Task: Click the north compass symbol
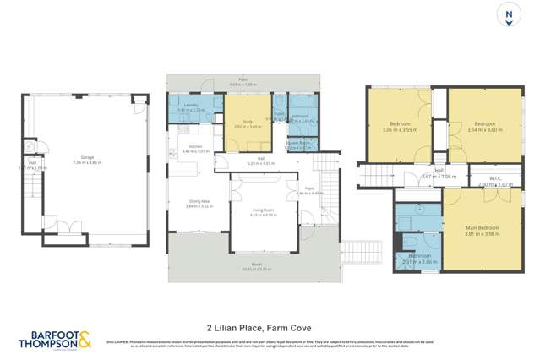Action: coord(508,16)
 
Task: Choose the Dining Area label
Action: coord(199,201)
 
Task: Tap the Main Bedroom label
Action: coord(482,228)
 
